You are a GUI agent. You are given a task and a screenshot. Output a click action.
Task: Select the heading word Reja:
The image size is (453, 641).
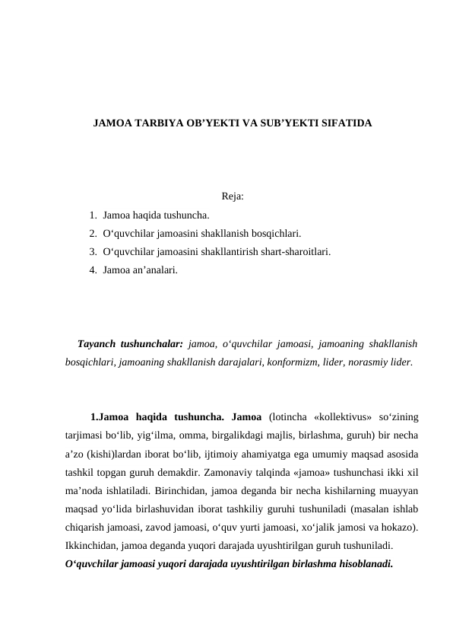tap(233, 197)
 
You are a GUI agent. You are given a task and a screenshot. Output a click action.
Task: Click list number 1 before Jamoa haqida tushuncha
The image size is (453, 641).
tap(92, 215)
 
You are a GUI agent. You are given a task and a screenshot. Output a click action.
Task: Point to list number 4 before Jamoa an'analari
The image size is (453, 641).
tap(92, 269)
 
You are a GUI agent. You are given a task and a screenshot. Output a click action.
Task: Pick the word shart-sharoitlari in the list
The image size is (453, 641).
tap(295, 251)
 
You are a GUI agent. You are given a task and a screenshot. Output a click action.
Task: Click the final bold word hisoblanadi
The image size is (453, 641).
tap(362, 564)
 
